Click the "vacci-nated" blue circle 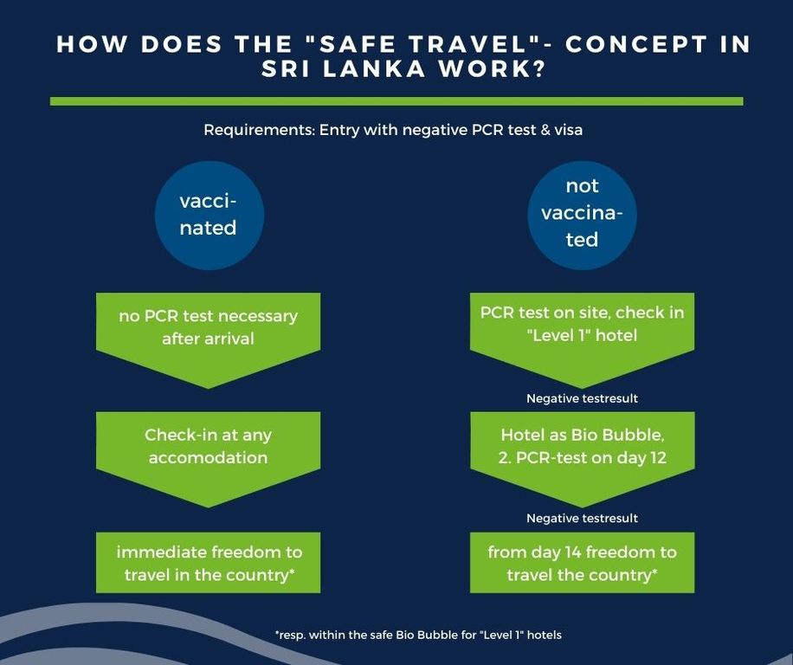coord(209,215)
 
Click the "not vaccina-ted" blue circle coord(582,215)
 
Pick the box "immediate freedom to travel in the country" coord(208,562)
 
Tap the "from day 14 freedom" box coord(582,562)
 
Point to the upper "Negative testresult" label coord(582,398)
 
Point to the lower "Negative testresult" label coord(582,519)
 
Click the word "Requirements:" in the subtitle coord(260,131)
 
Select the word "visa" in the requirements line coord(569,131)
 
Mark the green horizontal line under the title coord(396,101)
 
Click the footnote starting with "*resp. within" coord(418,635)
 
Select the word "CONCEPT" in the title coord(635,44)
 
